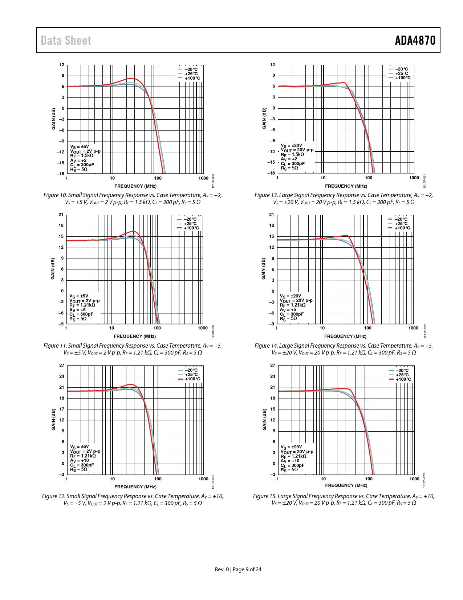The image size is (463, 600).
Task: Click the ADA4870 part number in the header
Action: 415,40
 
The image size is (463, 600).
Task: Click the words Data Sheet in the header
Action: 66,40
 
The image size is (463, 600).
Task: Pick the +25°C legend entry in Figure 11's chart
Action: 191,224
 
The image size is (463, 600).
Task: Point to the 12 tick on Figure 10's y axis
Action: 62,65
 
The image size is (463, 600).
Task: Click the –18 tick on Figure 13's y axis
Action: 271,173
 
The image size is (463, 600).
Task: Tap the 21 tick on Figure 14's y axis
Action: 272,215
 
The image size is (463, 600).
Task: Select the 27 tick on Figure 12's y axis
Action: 62,365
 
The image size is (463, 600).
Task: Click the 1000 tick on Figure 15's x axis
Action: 414,479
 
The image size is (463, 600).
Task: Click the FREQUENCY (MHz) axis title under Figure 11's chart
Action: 135,336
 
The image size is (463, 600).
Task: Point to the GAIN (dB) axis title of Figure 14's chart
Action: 264,269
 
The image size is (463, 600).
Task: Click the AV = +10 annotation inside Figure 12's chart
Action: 79,460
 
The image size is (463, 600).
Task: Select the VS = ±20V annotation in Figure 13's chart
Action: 291,145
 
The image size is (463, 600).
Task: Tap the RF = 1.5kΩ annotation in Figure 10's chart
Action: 82,155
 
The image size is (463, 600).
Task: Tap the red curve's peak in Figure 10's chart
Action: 132,78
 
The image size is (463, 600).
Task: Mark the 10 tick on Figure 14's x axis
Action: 322,328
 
